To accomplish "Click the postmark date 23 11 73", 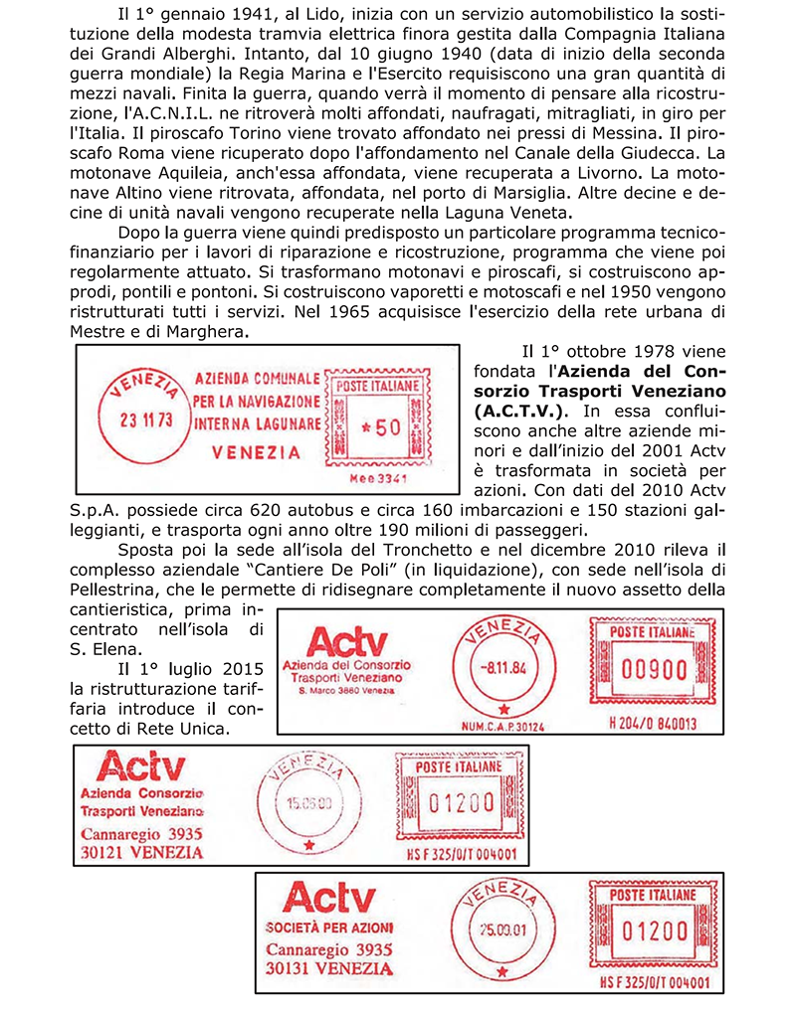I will click(x=146, y=420).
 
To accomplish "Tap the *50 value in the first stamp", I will click(x=379, y=426).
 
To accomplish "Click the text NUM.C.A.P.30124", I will click(x=504, y=726).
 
